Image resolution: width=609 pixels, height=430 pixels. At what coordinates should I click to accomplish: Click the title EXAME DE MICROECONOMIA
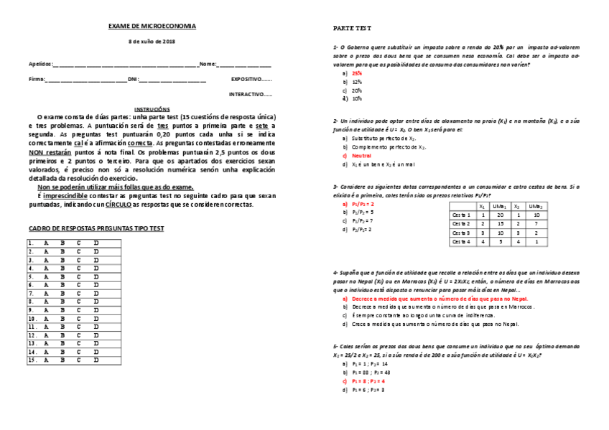pos(152,26)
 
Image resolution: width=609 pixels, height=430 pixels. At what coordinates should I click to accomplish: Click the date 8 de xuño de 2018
pos(152,42)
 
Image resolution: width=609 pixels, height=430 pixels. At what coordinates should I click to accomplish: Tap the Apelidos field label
pos(40,64)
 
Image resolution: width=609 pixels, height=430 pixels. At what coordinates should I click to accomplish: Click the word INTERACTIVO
pos(246,94)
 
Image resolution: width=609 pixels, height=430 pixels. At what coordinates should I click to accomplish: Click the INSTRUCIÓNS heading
pos(152,108)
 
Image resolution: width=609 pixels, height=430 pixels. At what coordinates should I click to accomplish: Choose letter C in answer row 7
pos(79,293)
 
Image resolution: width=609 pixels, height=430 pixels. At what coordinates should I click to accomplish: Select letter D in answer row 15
pos(96,360)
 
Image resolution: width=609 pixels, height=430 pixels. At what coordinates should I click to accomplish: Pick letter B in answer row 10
pos(62,318)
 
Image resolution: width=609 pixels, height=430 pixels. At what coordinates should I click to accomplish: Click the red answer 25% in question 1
pos(357,73)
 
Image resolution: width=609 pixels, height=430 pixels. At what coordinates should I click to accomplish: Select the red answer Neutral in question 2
pos(361,155)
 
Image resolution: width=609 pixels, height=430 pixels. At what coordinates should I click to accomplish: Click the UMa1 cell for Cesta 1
pos(498,215)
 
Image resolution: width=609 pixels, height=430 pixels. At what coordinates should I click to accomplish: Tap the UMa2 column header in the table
pos(536,205)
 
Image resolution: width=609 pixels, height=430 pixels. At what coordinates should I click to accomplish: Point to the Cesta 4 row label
pos(461,242)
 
